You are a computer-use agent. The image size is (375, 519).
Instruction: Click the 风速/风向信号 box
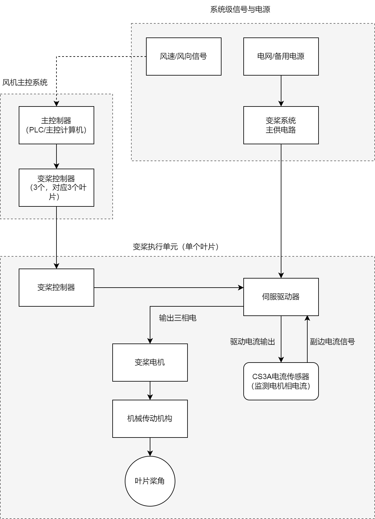183,57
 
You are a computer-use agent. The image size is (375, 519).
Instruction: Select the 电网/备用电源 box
281,57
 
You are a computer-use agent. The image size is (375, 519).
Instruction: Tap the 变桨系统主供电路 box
281,125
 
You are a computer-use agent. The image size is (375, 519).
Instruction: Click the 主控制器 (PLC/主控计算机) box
56,125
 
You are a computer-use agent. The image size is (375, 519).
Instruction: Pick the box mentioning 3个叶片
56,188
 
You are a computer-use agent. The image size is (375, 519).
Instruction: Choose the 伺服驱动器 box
281,297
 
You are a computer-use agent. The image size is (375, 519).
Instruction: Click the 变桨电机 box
150,363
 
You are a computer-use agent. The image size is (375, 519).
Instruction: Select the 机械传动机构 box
150,419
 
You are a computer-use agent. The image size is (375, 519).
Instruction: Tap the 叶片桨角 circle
150,481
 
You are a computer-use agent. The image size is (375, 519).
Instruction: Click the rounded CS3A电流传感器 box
281,381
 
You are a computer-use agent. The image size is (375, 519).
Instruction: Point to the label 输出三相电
178,318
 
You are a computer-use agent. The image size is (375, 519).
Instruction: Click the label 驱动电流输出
252,342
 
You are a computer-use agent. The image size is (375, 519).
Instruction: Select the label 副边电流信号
332,342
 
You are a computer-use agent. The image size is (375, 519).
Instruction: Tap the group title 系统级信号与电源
240,9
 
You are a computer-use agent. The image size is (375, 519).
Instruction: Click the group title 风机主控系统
25,83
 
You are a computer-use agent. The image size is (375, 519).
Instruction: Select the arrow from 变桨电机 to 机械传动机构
150,390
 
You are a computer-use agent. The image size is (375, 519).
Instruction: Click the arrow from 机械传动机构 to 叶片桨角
150,447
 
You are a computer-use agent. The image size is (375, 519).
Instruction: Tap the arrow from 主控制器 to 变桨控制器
56,156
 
